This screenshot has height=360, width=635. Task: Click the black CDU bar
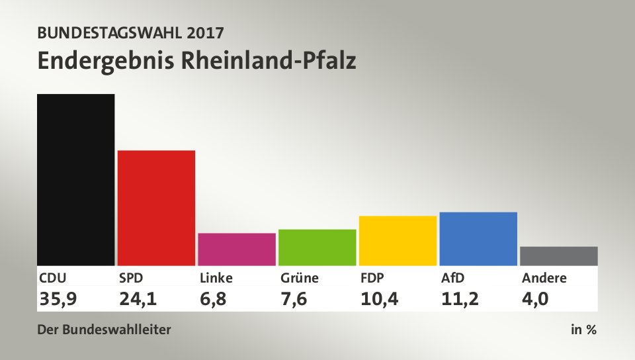[76, 179]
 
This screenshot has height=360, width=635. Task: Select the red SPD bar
[156, 208]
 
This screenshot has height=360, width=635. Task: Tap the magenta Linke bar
[237, 249]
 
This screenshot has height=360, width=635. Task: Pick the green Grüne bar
[317, 247]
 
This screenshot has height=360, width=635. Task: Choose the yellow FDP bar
[398, 240]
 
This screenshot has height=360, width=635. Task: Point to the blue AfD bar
[478, 238]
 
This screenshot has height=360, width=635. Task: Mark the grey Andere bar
[558, 255]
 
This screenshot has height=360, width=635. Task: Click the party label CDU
[53, 278]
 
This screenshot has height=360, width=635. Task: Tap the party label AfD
[453, 278]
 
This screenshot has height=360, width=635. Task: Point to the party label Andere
[544, 278]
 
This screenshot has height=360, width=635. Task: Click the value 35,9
[58, 299]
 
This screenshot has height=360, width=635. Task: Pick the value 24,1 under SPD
[138, 299]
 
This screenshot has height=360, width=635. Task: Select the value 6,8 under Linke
[214, 299]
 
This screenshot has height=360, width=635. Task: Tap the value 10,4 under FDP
[379, 299]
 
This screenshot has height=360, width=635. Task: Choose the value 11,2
[460, 299]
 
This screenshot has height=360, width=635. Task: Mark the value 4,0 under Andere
[536, 299]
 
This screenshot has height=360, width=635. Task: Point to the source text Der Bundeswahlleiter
[105, 330]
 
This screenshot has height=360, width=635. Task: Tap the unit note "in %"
[583, 330]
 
